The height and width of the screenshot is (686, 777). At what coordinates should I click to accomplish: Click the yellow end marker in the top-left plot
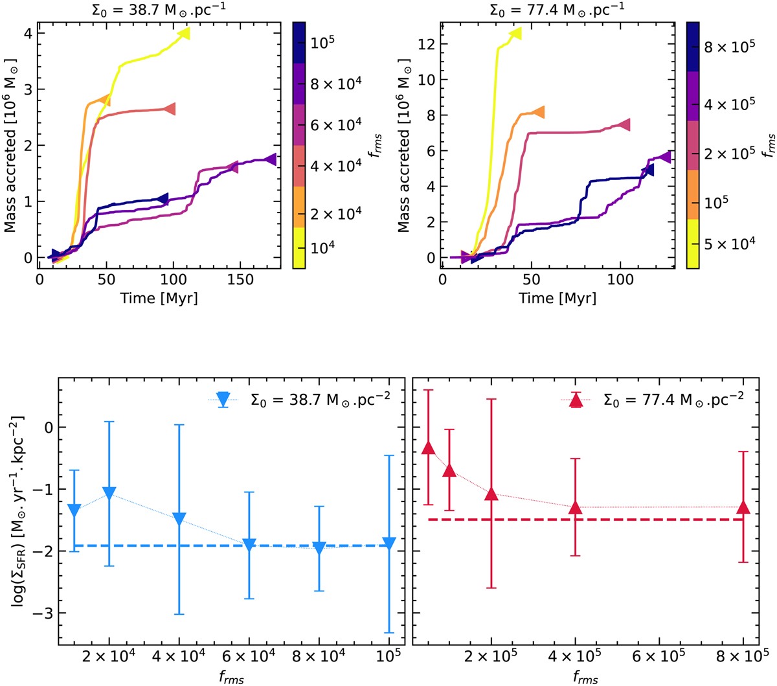pos(183,32)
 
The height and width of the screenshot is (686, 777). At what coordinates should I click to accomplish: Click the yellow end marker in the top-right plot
pos(515,33)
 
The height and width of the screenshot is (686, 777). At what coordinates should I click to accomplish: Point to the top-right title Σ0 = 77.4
pos(562,10)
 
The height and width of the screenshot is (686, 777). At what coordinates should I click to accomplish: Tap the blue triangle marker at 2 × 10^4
pos(109,493)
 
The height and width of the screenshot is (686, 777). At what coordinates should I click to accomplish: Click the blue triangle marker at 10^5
pos(388,543)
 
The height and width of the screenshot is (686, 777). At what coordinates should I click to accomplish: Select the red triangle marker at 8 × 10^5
pos(743,507)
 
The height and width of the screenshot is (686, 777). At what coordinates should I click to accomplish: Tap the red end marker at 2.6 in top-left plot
pos(170,109)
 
